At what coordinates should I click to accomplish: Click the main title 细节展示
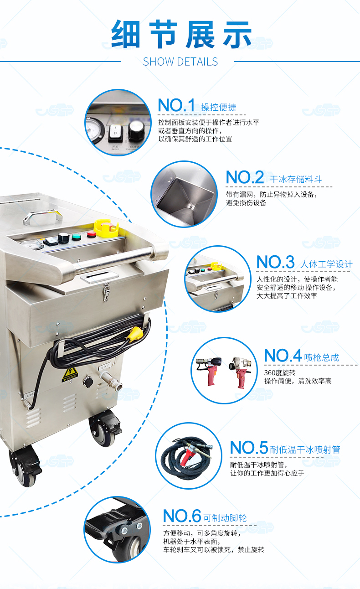point(181,34)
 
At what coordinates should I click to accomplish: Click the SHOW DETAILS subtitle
point(180,62)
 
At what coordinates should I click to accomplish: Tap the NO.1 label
point(176,105)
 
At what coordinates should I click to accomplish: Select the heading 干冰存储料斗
point(296,179)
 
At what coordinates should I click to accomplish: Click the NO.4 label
point(283,356)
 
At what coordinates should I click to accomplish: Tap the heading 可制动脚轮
point(225,518)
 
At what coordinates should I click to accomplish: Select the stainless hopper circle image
point(184,194)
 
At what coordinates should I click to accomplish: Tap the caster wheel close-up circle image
point(117,529)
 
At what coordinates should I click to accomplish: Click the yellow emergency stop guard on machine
point(106,227)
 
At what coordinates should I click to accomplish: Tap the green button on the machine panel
point(76,237)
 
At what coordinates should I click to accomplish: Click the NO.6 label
point(182,516)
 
